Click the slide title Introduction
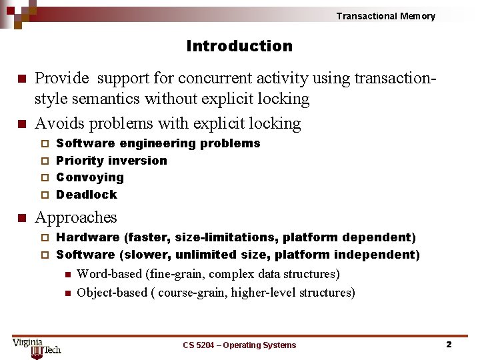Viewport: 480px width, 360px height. pos(239,46)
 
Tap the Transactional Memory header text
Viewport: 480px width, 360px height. pos(385,16)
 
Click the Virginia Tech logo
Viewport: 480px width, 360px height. pos(37,347)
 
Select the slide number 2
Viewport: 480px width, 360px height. pos(449,345)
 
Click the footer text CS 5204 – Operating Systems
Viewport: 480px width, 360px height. pos(239,345)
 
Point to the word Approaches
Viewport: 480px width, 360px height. pos(75,217)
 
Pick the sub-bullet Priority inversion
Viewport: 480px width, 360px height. pos(111,161)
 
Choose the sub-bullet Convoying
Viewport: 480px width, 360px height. pos(90,177)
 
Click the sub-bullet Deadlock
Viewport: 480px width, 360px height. pos(87,195)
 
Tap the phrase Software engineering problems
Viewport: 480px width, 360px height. pos(158,143)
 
